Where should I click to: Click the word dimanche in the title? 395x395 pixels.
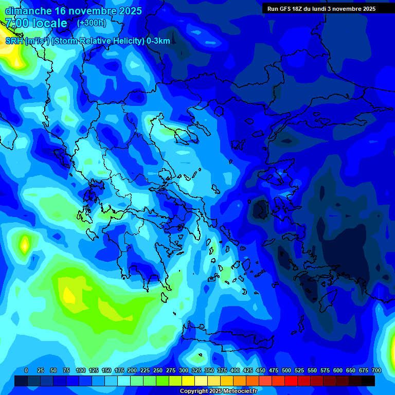tap(28, 11)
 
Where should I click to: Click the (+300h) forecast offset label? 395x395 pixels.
tap(92, 23)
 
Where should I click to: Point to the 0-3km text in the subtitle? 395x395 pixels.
tap(158, 41)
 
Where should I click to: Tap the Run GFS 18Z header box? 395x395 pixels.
tap(321, 9)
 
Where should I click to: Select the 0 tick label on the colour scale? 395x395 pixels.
tap(26, 370)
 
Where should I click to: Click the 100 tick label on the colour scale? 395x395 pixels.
tap(81, 370)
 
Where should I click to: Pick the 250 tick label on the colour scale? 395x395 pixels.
tap(158, 370)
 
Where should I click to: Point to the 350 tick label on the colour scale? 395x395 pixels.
tap(209, 370)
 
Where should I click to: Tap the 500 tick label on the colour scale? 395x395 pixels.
tap(286, 370)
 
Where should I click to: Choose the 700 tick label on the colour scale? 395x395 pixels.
tap(376, 370)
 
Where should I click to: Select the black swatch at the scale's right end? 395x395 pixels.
tap(368, 381)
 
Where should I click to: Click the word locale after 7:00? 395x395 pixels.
tap(49, 23)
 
